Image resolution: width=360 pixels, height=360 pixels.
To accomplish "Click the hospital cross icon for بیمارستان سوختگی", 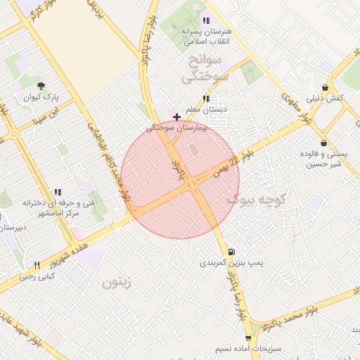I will pyautogui.click(x=176, y=116).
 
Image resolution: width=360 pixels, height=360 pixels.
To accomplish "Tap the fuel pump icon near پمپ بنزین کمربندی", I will pyautogui.click(x=231, y=251).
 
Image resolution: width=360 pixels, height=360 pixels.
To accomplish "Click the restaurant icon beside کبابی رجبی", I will pyautogui.click(x=37, y=265).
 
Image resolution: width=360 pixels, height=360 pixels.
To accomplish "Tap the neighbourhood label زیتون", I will pyautogui.click(x=117, y=283).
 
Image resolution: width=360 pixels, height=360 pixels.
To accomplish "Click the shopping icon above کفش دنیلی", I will pyautogui.click(x=324, y=86).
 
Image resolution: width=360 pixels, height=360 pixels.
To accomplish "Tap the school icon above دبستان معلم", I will pyautogui.click(x=206, y=99).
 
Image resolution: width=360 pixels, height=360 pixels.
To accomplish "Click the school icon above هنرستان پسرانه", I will pyautogui.click(x=206, y=20).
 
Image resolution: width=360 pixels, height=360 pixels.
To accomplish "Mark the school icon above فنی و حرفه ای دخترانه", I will pyautogui.click(x=58, y=191).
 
